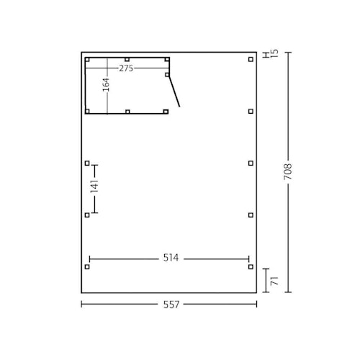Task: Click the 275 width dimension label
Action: (x=126, y=68)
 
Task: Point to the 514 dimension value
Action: (x=169, y=258)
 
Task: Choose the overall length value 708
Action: (x=289, y=173)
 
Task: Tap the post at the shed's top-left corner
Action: (x=87, y=60)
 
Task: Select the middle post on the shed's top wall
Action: (x=127, y=60)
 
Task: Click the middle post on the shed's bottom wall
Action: (x=127, y=112)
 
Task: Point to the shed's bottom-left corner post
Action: (x=87, y=112)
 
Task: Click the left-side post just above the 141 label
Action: (x=87, y=163)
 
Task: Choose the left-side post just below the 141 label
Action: (x=87, y=215)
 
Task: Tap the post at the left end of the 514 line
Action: (x=87, y=266)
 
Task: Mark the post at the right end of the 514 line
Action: (x=251, y=266)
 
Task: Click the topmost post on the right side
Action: (x=251, y=60)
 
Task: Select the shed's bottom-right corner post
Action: (x=166, y=112)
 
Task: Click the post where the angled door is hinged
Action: (x=167, y=74)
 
